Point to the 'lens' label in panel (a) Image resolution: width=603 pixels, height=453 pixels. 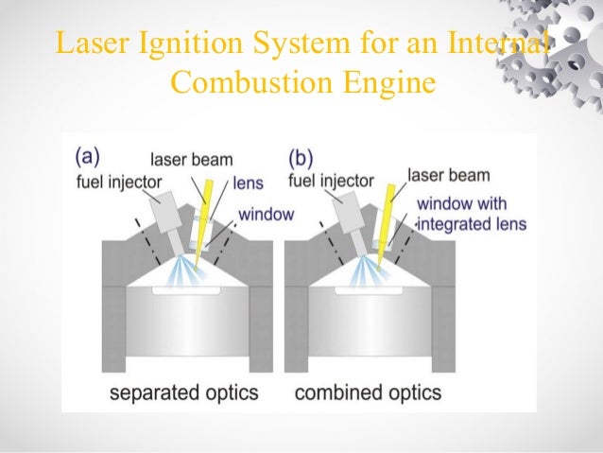(248, 182)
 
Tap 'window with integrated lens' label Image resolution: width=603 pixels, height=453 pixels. (470, 214)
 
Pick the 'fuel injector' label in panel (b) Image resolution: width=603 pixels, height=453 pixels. (330, 181)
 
